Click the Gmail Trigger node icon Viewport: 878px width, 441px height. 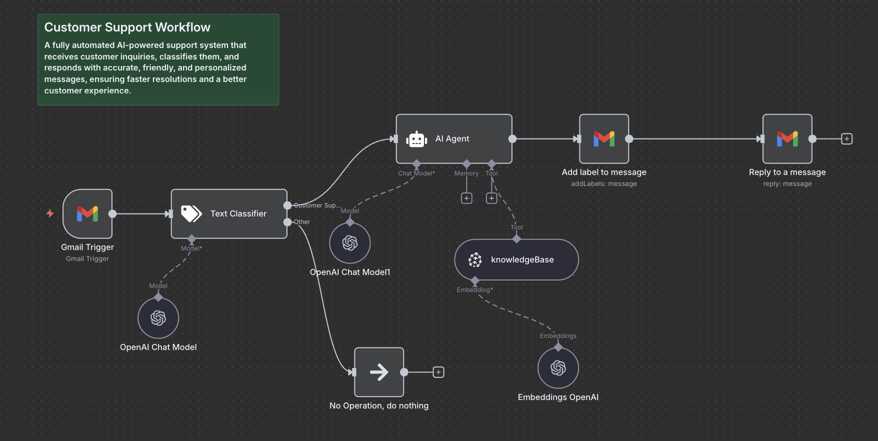[87, 213]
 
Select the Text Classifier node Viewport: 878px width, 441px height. [229, 213]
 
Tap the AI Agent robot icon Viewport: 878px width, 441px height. [416, 139]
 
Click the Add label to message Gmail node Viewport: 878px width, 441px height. [604, 139]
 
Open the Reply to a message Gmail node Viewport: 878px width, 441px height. [787, 139]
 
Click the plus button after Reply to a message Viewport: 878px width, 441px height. [846, 139]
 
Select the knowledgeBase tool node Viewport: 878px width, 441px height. [516, 259]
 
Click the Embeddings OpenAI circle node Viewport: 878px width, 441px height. [558, 368]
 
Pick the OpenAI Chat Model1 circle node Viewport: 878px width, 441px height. [350, 243]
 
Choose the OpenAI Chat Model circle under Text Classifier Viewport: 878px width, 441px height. [158, 318]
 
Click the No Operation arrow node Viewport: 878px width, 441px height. [379, 372]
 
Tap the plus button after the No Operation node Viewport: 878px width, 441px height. [438, 372]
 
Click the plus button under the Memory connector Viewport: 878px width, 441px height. [466, 198]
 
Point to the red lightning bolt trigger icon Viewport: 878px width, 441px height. [50, 213]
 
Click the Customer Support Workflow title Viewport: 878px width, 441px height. [127, 27]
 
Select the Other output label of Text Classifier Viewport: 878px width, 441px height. [302, 222]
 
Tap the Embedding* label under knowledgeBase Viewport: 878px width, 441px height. [474, 290]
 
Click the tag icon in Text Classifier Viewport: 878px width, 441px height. [191, 213]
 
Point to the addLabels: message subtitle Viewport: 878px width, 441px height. [604, 184]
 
